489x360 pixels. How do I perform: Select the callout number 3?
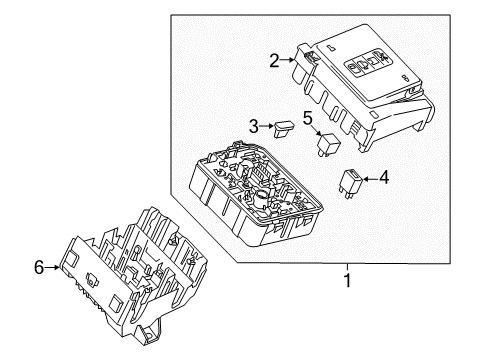click(255, 127)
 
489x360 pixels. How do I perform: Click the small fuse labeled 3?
click(287, 127)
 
